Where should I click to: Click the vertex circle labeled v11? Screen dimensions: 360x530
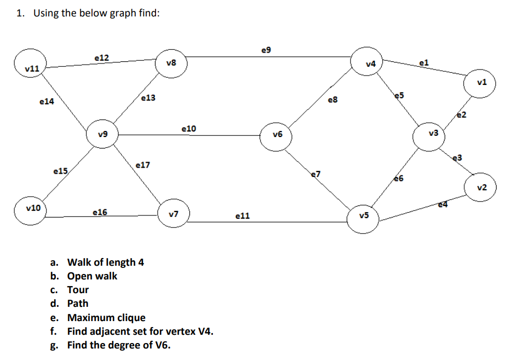[x=31, y=68]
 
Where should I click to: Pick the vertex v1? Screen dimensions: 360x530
[x=481, y=83]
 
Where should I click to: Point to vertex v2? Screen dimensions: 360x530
[x=481, y=187]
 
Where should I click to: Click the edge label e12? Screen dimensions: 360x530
[x=101, y=57]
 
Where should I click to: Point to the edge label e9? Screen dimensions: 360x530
[x=266, y=50]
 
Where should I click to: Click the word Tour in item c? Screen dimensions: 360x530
[x=78, y=290]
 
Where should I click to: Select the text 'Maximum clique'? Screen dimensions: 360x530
[x=106, y=318]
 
